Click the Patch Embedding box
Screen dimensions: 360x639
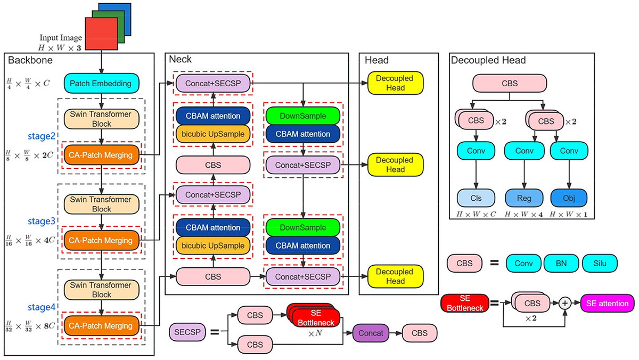pyautogui.click(x=101, y=83)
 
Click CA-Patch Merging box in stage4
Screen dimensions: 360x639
pyautogui.click(x=101, y=325)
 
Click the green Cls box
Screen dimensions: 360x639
pyautogui.click(x=476, y=198)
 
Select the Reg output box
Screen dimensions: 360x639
pyautogui.click(x=523, y=198)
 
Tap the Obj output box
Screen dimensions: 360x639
pyautogui.click(x=569, y=198)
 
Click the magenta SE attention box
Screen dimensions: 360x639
pyautogui.click(x=607, y=304)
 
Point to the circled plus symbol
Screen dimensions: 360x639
pyautogui.click(x=566, y=304)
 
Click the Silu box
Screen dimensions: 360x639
pyautogui.click(x=599, y=263)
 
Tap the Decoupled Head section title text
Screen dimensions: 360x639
pyautogui.click(x=488, y=60)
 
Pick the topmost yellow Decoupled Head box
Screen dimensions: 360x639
pyautogui.click(x=395, y=83)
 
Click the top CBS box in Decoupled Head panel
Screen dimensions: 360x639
pyautogui.click(x=510, y=84)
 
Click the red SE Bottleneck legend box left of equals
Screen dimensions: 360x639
pyautogui.click(x=462, y=304)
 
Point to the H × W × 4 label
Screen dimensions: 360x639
pyautogui.click(x=523, y=214)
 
